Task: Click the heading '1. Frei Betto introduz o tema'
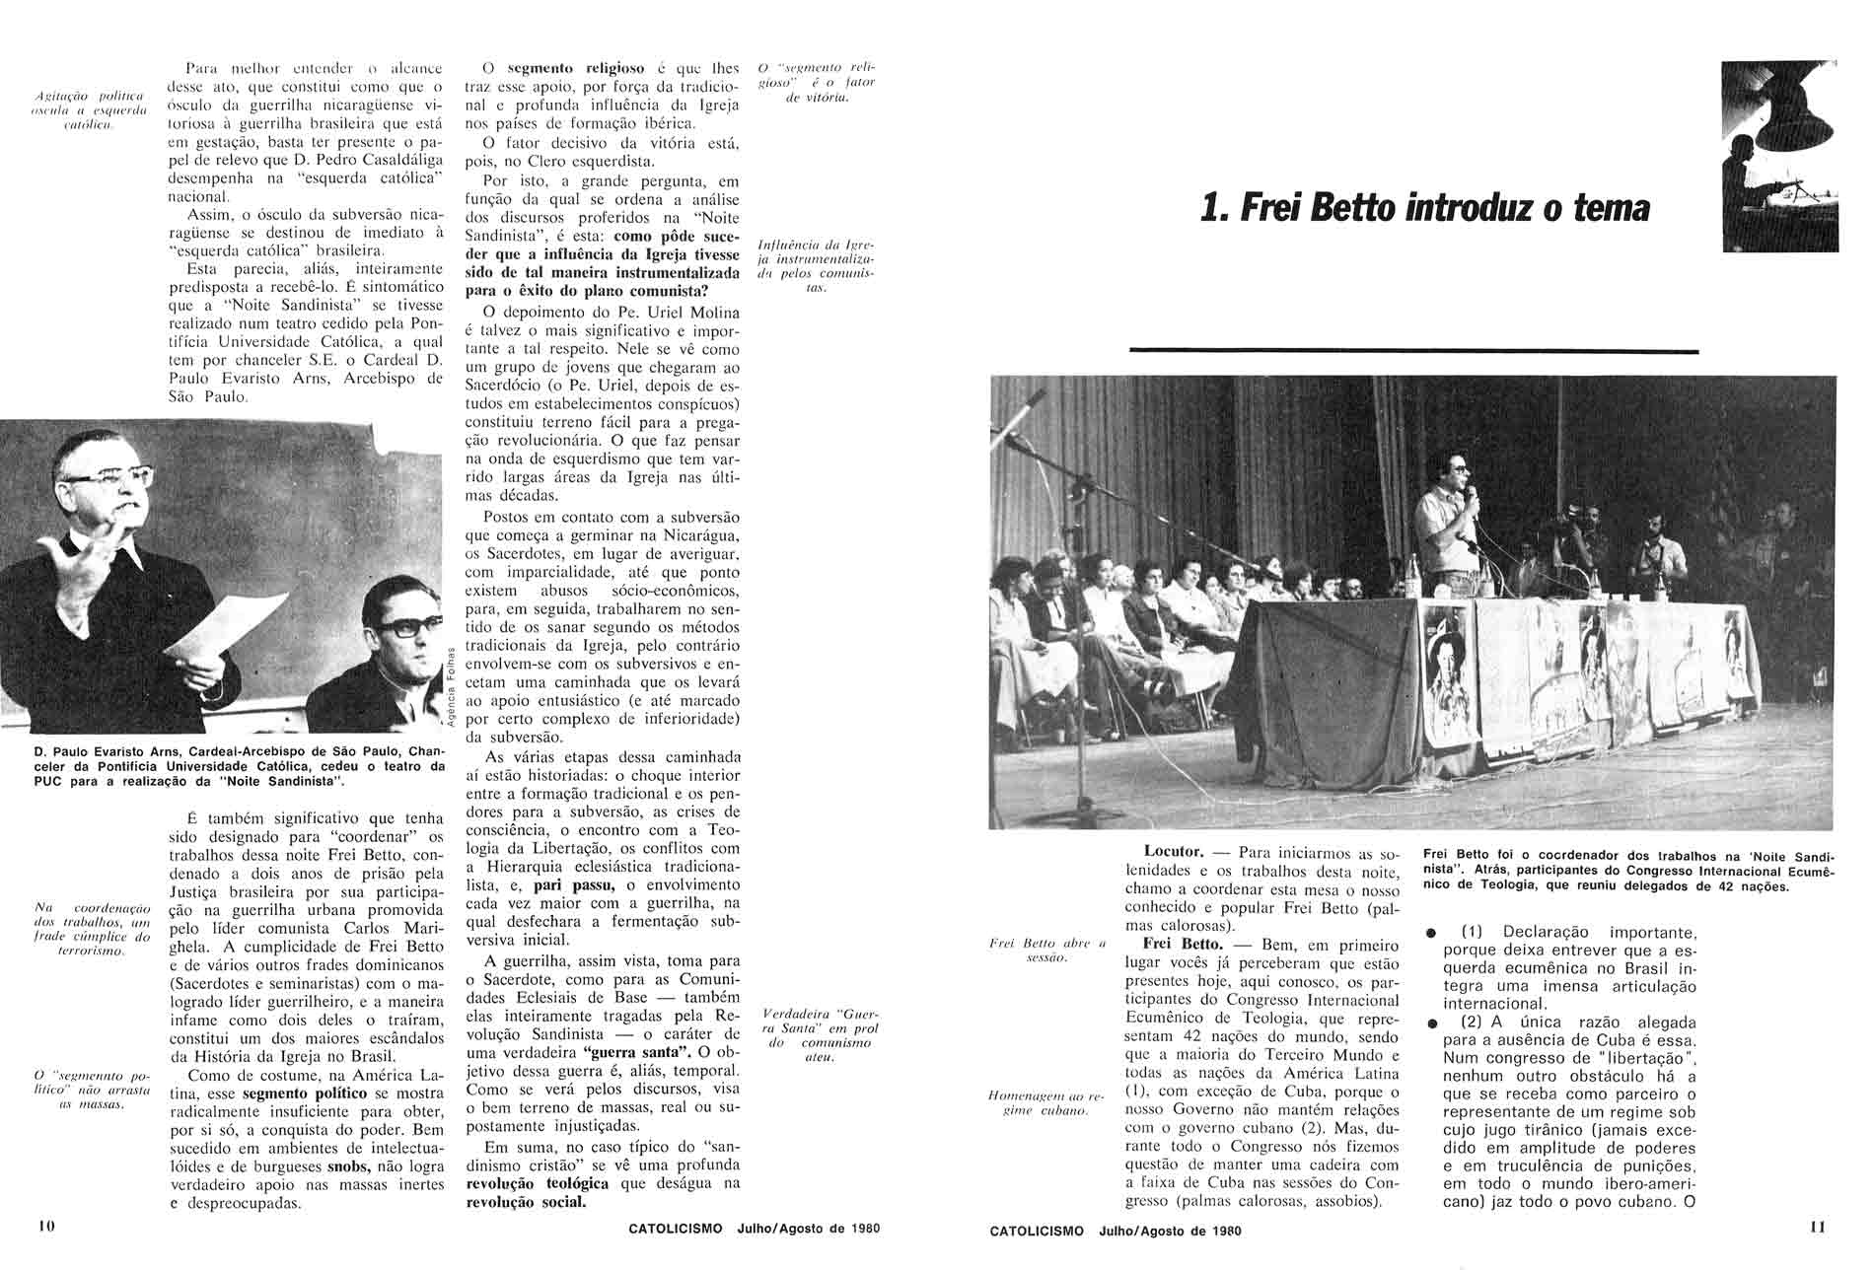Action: click(x=1425, y=209)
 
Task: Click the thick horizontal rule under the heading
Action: click(x=1413, y=350)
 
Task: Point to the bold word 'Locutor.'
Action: click(x=1174, y=851)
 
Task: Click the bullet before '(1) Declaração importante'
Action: click(x=1431, y=933)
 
